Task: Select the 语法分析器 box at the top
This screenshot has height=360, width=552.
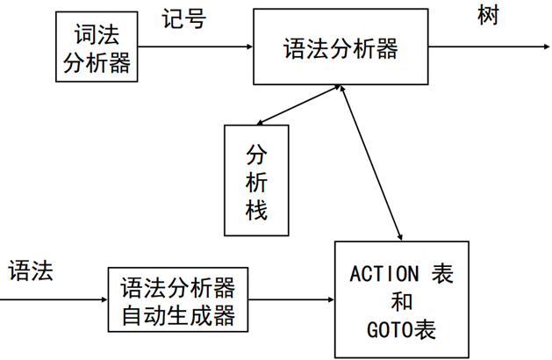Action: tap(341, 48)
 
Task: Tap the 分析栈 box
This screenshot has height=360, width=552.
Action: tap(255, 181)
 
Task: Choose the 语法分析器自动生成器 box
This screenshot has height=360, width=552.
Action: tap(178, 300)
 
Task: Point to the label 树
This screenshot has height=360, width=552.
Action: tap(488, 17)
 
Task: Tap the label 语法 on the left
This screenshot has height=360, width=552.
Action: tap(32, 270)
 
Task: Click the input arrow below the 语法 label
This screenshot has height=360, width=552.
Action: tap(53, 300)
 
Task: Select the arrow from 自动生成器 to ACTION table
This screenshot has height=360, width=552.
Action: tap(292, 300)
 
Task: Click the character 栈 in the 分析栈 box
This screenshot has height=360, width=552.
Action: tap(255, 210)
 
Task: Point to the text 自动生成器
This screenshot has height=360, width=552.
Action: tap(178, 313)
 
